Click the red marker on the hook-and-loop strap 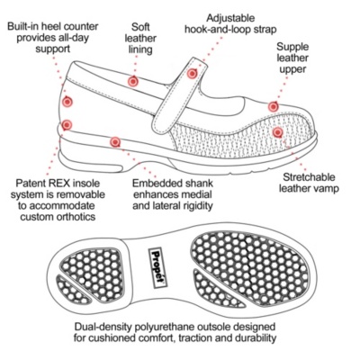(192, 73)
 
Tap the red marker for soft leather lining (132, 81)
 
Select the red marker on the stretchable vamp (277, 131)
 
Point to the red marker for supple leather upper (273, 106)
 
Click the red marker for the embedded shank (115, 142)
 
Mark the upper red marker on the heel (67, 102)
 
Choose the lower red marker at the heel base (67, 125)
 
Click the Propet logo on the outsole (157, 268)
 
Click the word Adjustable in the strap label (230, 18)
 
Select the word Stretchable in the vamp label (309, 177)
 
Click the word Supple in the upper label (292, 47)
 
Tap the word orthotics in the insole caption (76, 217)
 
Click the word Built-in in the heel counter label (23, 26)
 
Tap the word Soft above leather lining (140, 27)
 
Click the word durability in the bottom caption (256, 337)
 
